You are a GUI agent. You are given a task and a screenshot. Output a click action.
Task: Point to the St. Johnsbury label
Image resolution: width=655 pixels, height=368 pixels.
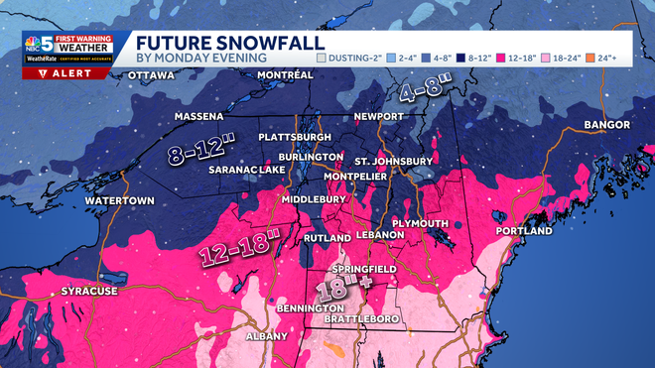coord(393,162)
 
